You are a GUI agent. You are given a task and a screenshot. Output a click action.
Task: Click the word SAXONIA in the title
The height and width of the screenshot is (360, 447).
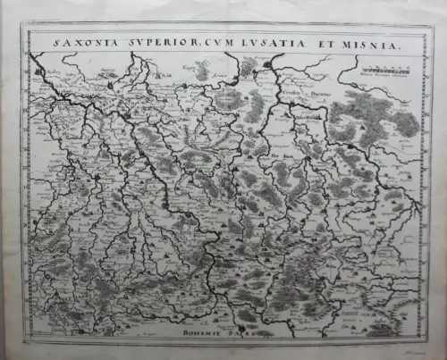(x=80, y=40)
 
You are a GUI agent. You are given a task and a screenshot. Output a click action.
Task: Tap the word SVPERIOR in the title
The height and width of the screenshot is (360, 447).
(x=144, y=40)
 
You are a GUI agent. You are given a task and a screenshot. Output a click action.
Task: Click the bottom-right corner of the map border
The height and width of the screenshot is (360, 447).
(x=423, y=339)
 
